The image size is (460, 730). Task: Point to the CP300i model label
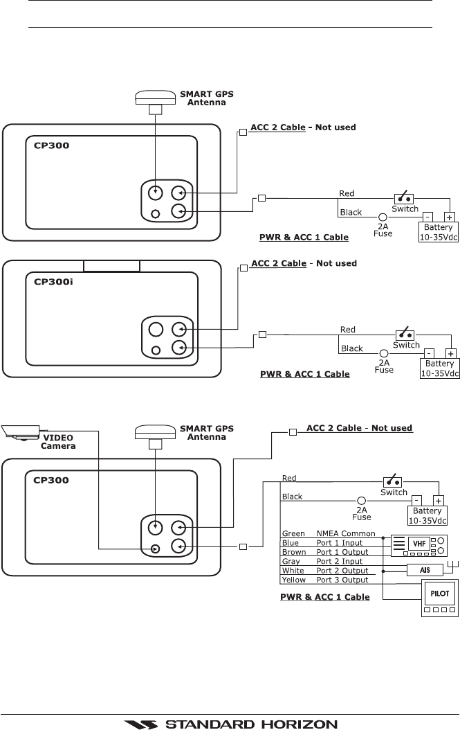(53, 282)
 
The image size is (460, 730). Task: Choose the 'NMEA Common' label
(345, 533)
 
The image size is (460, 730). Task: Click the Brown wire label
(293, 552)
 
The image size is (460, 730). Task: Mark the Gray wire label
(291, 561)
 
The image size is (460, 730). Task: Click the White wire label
(292, 571)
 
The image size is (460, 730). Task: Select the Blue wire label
(291, 543)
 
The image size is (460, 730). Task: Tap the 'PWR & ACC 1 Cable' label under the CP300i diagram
(304, 374)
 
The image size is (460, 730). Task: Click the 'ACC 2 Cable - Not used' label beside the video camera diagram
(359, 428)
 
